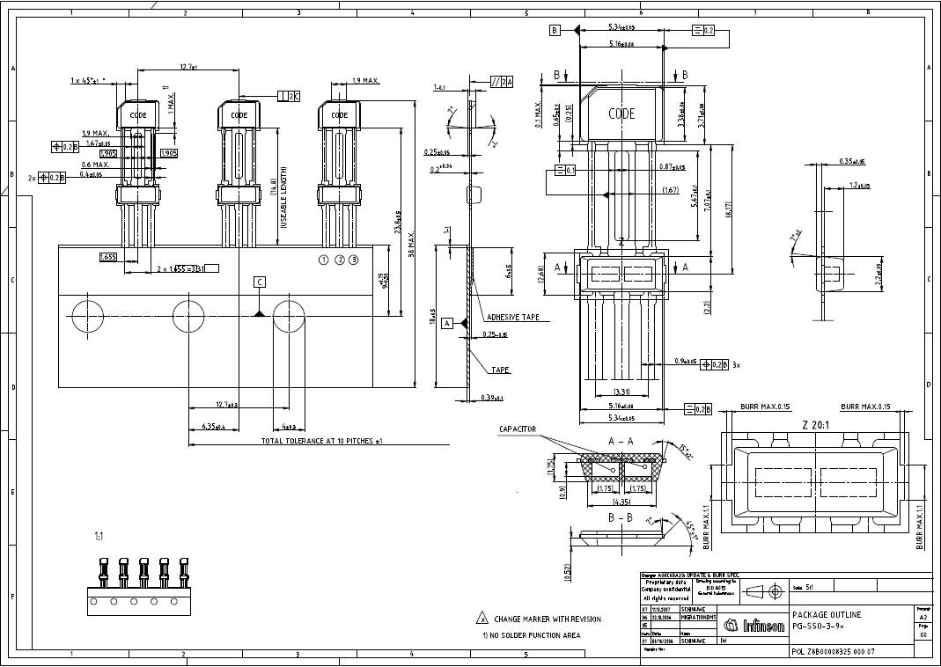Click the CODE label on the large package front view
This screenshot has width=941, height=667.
click(621, 114)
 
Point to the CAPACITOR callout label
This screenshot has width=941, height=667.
click(518, 429)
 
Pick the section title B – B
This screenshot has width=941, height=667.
click(621, 519)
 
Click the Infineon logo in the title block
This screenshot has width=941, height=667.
click(754, 626)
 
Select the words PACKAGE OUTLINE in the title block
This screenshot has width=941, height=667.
click(827, 614)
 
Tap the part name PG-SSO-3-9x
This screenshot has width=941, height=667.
click(818, 626)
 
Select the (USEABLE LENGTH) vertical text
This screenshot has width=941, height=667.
click(283, 198)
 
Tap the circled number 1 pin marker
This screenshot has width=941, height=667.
click(324, 260)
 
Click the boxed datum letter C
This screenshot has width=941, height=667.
click(259, 282)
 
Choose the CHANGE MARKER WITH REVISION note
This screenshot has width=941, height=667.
click(548, 619)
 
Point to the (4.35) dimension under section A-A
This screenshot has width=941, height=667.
click(622, 502)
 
